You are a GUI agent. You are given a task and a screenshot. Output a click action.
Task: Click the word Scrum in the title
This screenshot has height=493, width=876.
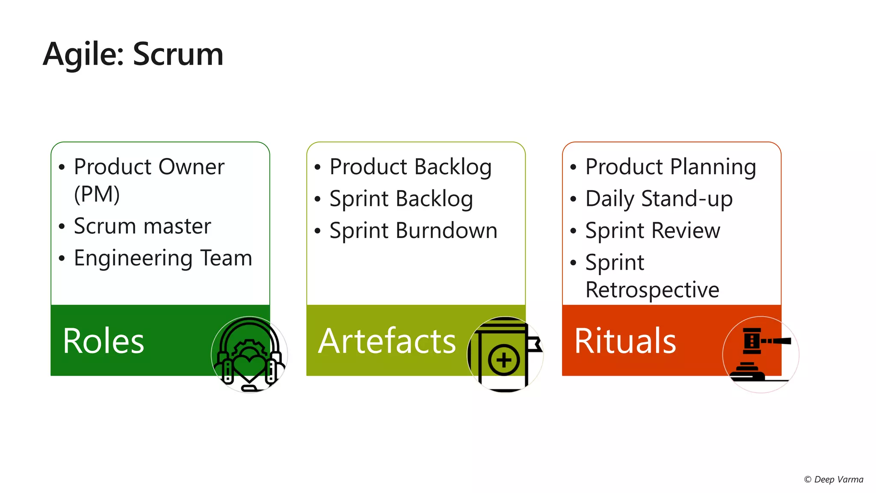click(x=178, y=54)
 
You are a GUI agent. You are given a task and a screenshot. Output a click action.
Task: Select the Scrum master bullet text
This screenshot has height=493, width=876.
click(x=142, y=226)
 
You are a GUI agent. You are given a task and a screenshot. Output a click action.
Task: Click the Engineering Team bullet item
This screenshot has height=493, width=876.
click(x=163, y=258)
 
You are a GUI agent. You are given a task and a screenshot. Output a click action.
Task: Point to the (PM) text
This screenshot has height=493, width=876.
click(x=97, y=194)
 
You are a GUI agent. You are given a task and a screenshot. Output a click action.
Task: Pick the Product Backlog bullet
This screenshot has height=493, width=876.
click(x=410, y=166)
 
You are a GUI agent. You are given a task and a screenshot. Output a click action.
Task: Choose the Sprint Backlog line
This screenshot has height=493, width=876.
click(x=401, y=199)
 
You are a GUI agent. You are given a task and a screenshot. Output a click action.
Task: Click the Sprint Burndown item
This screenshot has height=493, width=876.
click(x=413, y=231)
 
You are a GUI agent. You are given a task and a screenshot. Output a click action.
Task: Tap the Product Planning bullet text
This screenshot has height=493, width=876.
click(x=670, y=166)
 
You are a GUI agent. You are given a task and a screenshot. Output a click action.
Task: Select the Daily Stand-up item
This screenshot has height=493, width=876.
click(x=659, y=199)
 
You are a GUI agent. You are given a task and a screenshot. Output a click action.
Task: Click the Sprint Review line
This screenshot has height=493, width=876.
click(x=652, y=231)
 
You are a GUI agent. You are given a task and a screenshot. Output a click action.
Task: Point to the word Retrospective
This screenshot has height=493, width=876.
click(x=652, y=290)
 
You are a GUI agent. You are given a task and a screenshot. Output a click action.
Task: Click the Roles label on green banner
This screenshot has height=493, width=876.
click(x=104, y=341)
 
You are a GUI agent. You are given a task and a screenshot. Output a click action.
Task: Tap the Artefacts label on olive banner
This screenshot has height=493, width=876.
click(x=387, y=341)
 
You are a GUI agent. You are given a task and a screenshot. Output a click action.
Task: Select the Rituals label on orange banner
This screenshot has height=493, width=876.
click(x=625, y=341)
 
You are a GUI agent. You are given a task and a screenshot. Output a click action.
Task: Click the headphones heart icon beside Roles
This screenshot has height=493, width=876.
click(x=249, y=355)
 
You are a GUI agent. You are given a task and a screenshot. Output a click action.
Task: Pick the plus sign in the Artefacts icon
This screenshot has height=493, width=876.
click(x=504, y=360)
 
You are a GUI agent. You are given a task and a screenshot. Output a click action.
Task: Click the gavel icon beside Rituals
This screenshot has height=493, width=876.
click(x=761, y=355)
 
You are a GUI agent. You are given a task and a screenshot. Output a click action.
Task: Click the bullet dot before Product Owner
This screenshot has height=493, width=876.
click(x=62, y=167)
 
